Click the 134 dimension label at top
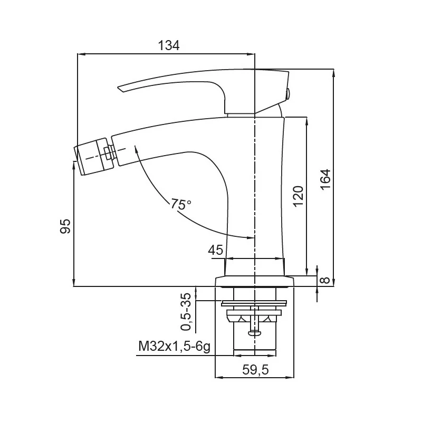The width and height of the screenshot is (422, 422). (169, 46)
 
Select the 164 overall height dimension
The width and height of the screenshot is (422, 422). (325, 179)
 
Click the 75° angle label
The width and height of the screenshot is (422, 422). (181, 204)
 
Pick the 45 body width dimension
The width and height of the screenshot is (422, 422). (216, 250)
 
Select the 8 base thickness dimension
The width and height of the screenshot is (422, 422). (325, 280)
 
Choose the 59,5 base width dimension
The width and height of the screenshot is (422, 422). (255, 370)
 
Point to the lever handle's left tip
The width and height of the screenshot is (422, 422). (121, 88)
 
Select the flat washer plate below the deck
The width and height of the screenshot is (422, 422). (254, 303)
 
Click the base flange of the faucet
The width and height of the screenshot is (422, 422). (254, 281)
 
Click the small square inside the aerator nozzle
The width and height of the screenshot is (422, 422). (108, 154)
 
